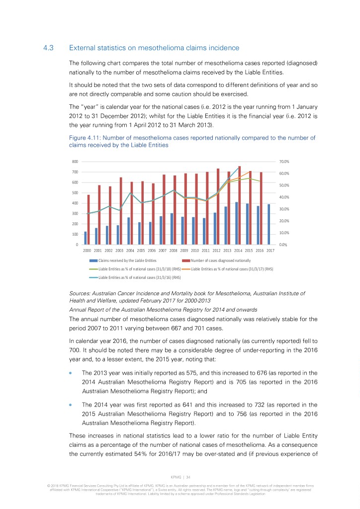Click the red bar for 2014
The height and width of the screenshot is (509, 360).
point(239,205)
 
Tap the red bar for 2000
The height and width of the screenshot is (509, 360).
point(89,219)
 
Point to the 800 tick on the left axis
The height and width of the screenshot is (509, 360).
point(75,162)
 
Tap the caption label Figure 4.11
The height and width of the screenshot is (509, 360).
point(83,138)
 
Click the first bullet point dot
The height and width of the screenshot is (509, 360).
point(72,373)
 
